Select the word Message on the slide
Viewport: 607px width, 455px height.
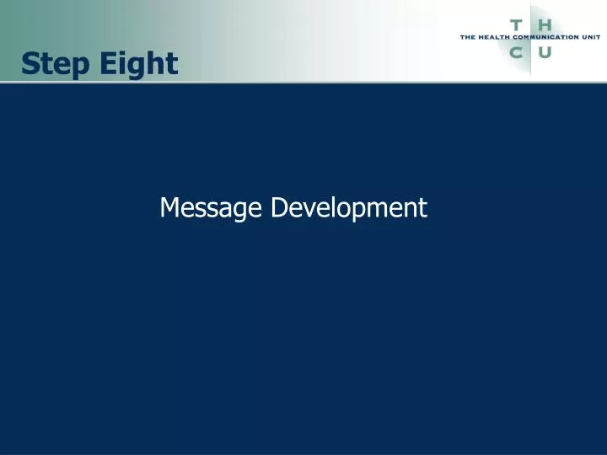[x=212, y=207]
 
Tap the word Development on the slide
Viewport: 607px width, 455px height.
[x=349, y=207]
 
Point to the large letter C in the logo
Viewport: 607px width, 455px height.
[x=516, y=53]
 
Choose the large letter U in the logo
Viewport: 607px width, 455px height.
[x=545, y=53]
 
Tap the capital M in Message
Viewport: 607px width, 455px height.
[x=169, y=207]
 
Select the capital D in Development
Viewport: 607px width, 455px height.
[x=278, y=207]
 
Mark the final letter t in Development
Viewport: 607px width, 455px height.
[x=423, y=207]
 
